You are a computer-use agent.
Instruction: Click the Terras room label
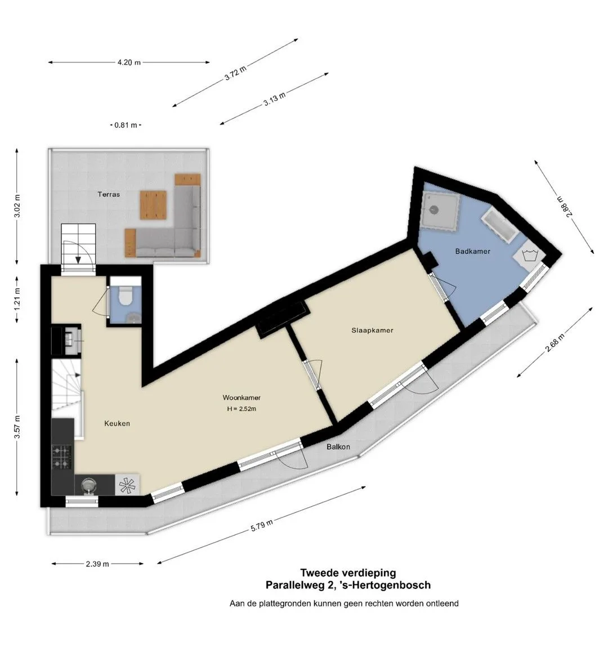[x=109, y=194]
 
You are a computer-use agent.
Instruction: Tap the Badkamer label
[x=472, y=251]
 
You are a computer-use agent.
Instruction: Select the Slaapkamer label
[x=372, y=330]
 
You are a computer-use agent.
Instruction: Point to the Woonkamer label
[x=242, y=398]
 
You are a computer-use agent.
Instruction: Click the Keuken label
[x=117, y=423]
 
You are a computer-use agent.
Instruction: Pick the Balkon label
[x=338, y=446]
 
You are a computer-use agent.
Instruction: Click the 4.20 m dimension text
[x=129, y=62]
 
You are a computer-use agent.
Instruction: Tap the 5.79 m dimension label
[x=262, y=525]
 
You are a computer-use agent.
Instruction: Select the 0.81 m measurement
[x=126, y=125]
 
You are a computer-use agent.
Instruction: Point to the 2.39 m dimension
[x=97, y=564]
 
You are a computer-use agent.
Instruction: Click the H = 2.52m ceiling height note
[x=242, y=409]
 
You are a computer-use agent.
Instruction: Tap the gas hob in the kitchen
[x=61, y=457]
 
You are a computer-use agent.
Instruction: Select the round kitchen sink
[x=88, y=485]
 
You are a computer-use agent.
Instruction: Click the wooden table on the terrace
[x=154, y=204]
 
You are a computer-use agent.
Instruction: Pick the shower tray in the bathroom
[x=440, y=211]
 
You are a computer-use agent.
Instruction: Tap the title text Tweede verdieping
[x=348, y=573]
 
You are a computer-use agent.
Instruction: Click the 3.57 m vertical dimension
[x=17, y=427]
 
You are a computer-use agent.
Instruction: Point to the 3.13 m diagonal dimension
[x=275, y=99]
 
